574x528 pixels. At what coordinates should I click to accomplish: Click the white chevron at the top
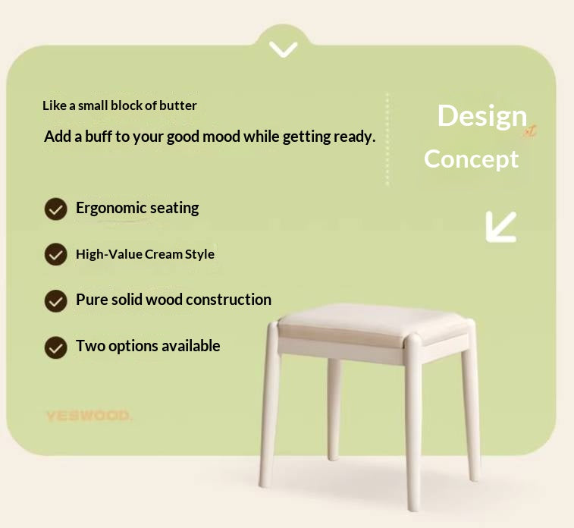click(283, 49)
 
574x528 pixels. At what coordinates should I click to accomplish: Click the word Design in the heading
click(481, 116)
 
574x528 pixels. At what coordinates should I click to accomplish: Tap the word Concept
click(471, 159)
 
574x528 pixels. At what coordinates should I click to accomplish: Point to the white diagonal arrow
click(500, 226)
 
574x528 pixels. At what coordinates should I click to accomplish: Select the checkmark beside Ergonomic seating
click(55, 209)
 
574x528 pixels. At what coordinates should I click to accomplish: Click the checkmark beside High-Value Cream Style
click(55, 254)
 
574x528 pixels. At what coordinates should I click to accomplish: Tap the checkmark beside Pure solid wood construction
click(55, 300)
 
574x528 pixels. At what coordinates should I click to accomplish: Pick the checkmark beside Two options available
click(55, 347)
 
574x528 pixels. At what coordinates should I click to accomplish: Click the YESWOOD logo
click(88, 416)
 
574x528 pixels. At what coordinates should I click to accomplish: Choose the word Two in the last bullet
click(88, 346)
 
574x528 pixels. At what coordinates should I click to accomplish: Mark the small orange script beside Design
click(529, 131)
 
